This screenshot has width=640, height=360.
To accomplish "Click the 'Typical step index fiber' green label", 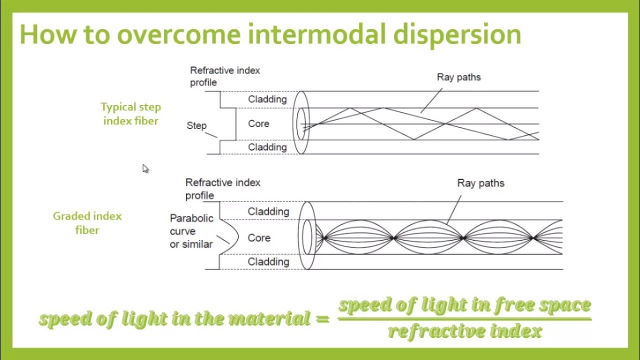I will [x=130, y=114].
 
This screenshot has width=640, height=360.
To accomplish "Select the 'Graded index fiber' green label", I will [x=87, y=223].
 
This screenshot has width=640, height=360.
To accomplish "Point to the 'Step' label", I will [x=196, y=125].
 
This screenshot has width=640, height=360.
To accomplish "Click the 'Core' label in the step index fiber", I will [x=258, y=123].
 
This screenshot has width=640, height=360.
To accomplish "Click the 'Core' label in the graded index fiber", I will [x=259, y=238].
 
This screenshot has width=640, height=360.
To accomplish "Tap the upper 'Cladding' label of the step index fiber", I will [x=267, y=99].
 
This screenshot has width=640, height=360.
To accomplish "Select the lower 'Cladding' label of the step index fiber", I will [x=267, y=147].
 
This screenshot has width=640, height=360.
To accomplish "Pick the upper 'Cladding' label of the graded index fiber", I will [x=268, y=211].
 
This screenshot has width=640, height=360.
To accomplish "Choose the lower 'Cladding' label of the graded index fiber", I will [x=268, y=261].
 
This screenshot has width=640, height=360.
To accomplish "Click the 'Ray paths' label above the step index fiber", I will [x=458, y=77].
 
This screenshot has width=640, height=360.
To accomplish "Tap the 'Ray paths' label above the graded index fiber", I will [x=480, y=183].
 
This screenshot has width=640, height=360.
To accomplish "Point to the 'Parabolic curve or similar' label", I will [x=191, y=231].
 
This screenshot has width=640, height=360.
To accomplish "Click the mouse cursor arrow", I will [x=145, y=168].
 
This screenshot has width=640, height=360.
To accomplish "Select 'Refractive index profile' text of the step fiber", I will [x=225, y=76].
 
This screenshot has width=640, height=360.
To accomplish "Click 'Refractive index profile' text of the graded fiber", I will [x=223, y=189].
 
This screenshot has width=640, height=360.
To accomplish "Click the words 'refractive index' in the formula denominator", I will [x=465, y=331].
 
